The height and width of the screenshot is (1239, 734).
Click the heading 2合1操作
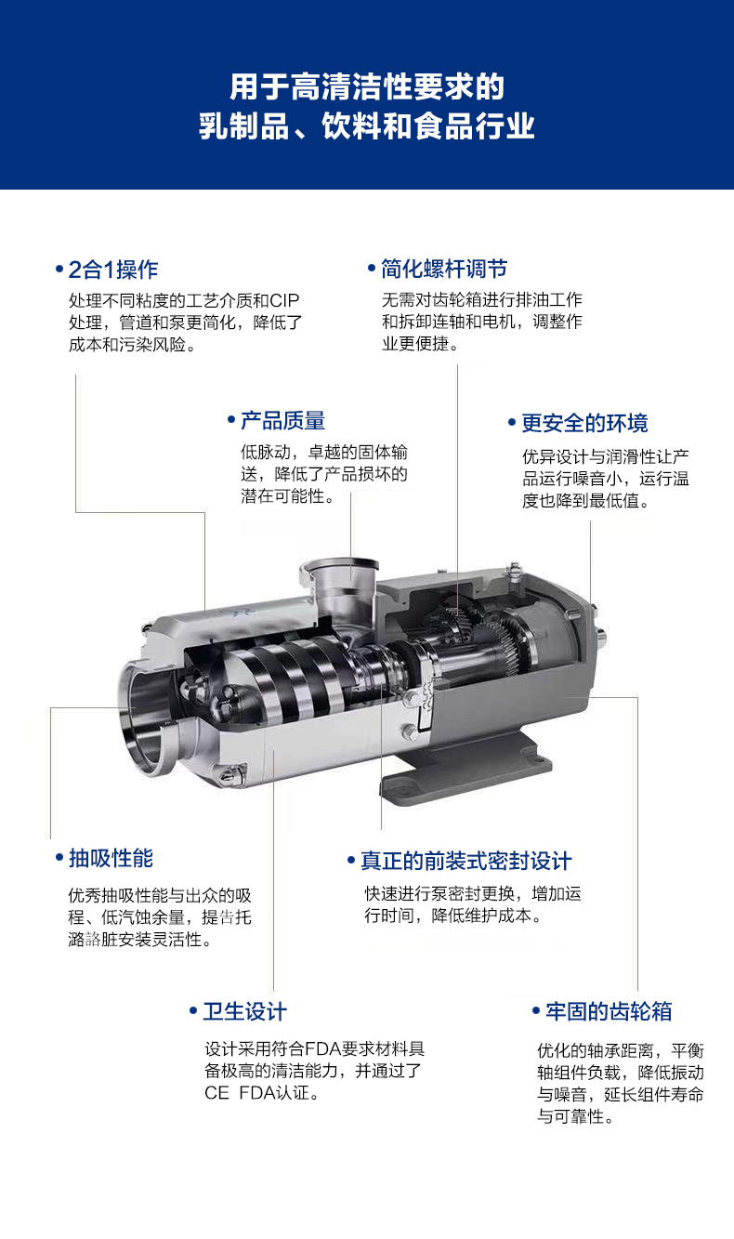point(113,270)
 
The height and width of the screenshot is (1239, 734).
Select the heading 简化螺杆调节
point(444,269)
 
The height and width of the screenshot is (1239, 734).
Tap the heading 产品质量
point(283,421)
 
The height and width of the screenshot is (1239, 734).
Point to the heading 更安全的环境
point(584,423)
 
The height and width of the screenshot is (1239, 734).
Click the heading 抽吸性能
point(111,859)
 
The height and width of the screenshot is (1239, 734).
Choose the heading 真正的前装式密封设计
point(465,862)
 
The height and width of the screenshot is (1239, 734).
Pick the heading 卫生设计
point(245,1011)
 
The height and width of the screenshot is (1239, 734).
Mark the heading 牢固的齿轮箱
point(609,1011)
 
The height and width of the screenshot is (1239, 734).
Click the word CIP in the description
point(284,300)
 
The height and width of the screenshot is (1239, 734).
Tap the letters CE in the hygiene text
point(216,1093)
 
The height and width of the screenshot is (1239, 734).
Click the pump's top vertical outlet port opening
point(339,569)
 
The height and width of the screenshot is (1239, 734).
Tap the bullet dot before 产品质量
point(231,420)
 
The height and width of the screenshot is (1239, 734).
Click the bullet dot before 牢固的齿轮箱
point(536,1011)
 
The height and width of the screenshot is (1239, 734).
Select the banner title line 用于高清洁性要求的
point(367,87)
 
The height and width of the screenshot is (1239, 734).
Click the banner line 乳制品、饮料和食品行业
point(367,126)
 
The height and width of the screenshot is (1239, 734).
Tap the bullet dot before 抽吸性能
point(59,858)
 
